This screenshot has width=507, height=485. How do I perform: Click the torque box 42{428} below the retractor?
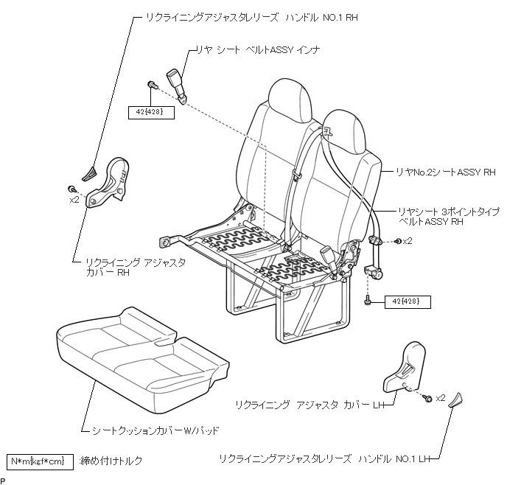(402, 301)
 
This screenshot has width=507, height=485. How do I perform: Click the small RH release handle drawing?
(90, 172)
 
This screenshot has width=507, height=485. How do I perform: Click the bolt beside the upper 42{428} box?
(151, 86)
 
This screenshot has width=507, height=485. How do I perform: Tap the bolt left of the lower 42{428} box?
(367, 300)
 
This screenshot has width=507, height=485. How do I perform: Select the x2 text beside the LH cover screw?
(441, 398)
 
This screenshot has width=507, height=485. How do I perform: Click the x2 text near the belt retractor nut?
(408, 241)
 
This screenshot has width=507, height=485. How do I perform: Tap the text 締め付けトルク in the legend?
(111, 461)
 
